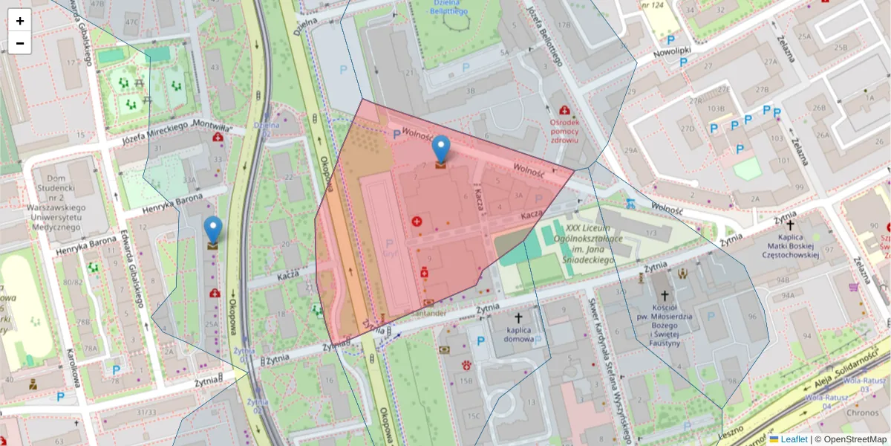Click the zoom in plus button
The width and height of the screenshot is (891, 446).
coord(20,21)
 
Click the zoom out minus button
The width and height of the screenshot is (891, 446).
coord(20,43)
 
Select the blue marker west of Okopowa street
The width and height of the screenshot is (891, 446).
coord(213,230)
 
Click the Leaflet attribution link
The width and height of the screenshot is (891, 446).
coord(793,439)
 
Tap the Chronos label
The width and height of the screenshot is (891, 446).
coord(861,413)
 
